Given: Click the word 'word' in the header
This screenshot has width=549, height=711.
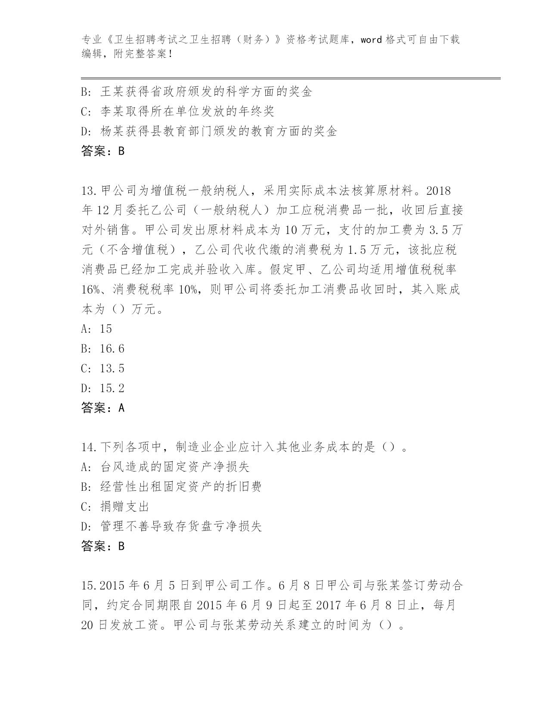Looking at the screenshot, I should [x=371, y=40].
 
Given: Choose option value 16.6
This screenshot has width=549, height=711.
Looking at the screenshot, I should [x=112, y=349].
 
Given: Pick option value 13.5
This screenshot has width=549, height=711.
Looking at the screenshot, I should [x=112, y=368].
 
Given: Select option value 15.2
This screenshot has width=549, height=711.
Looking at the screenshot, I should [x=112, y=388].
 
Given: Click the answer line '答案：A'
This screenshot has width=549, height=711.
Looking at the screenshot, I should [x=103, y=408].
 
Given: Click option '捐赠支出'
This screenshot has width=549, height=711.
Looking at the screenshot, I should [x=125, y=507].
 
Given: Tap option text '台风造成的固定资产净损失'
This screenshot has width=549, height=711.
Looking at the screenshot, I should [x=175, y=467].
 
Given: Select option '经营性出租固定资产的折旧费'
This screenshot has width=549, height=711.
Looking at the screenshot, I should [x=181, y=487].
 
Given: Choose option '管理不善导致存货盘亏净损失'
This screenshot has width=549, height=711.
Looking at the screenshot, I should [x=181, y=527].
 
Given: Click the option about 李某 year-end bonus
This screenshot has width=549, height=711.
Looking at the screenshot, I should [x=187, y=112].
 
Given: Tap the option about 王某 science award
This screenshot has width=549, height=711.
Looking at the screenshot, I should [x=206, y=92].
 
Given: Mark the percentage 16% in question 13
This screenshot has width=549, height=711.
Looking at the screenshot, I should [x=90, y=290].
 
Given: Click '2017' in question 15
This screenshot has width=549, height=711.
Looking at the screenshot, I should [x=328, y=606].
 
